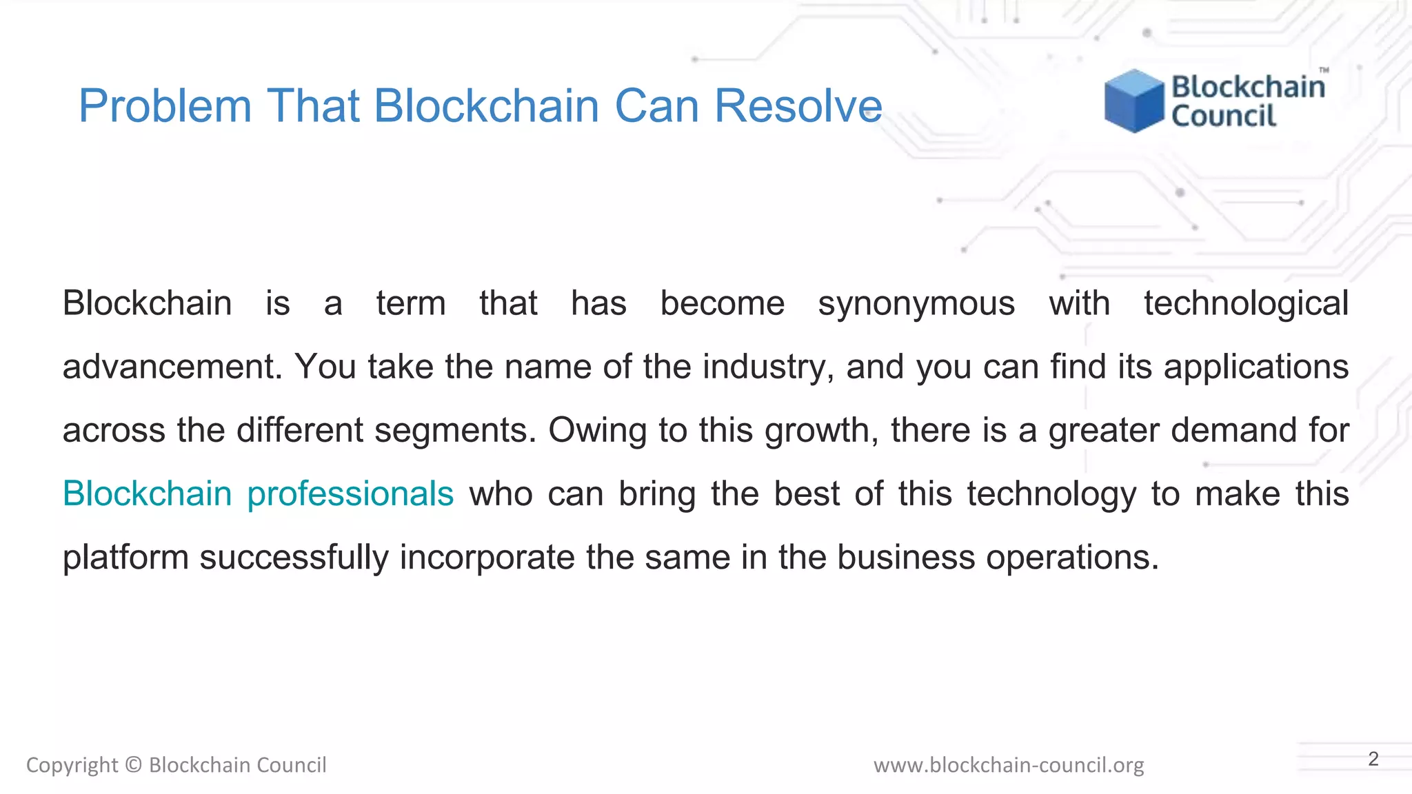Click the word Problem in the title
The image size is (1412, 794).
click(x=165, y=106)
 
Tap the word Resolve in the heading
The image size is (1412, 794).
click(x=798, y=106)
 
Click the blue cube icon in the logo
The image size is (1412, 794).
click(x=1133, y=101)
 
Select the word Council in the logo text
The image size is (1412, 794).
click(x=1224, y=116)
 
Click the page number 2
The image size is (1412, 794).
click(x=1373, y=759)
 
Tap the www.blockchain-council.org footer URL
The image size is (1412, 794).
click(x=1008, y=765)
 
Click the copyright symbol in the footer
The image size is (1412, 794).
click(x=134, y=765)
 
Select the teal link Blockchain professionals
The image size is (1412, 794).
click(x=258, y=493)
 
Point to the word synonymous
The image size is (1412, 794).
click(x=916, y=303)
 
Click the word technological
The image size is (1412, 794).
click(x=1246, y=303)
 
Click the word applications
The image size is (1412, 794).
click(x=1256, y=367)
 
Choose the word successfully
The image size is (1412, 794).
click(x=294, y=557)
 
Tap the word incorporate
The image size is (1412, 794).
click(x=487, y=557)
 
